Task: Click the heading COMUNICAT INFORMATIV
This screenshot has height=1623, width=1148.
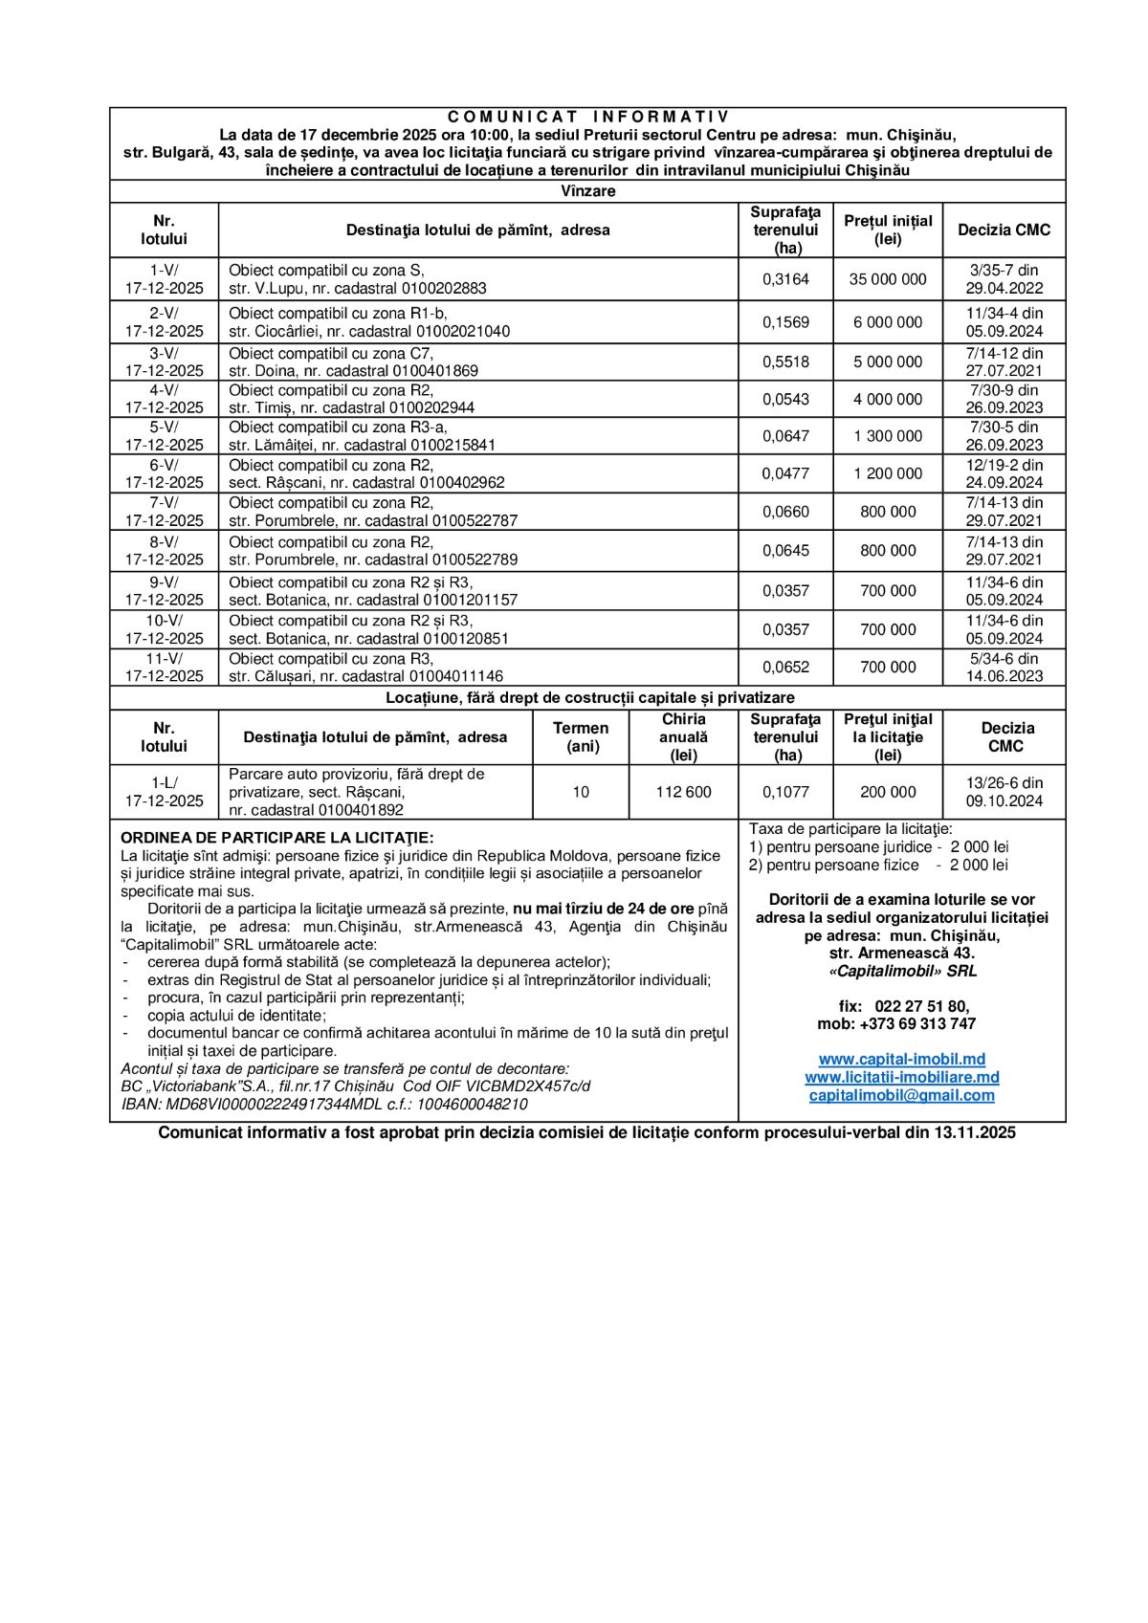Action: (x=587, y=117)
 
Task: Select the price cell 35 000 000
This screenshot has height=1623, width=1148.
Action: (x=888, y=279)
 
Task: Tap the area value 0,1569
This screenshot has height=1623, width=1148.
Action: (x=785, y=322)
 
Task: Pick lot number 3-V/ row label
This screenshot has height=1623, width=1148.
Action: (x=164, y=353)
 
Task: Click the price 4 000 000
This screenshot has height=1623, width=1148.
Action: (x=888, y=399)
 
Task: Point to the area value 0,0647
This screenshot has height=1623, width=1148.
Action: (x=785, y=436)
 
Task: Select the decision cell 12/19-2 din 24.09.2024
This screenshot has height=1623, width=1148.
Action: (x=1004, y=473)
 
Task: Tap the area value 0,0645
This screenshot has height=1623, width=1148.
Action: (x=785, y=551)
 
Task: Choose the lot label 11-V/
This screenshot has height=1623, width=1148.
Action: (x=164, y=659)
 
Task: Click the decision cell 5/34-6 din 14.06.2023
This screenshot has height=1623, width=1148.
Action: (x=1004, y=668)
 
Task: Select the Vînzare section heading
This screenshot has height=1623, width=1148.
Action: (x=587, y=191)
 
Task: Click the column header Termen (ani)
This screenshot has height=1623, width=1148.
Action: (x=581, y=737)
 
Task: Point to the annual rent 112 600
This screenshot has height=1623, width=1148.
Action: (x=683, y=792)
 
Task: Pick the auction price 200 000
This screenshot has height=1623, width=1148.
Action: (x=888, y=792)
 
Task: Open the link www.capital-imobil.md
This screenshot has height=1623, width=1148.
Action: (x=901, y=1060)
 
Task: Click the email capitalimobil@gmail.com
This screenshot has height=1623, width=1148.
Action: (x=901, y=1096)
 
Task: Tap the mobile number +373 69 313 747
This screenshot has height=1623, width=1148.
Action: (x=917, y=1024)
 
